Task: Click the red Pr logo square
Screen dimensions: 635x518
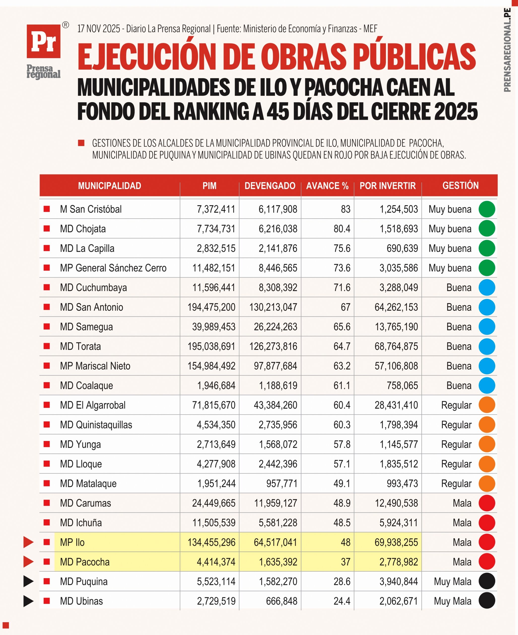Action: pos(44,41)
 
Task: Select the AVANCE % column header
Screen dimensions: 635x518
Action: pos(327,186)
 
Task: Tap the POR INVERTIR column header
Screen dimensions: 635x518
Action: pos(388,186)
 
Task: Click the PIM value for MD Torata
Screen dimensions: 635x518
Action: pos(211,347)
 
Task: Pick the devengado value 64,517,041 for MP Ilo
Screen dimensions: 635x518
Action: pos(276,542)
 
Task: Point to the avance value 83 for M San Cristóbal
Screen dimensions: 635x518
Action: pos(345,209)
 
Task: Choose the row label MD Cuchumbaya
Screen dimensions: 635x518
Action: pos(93,288)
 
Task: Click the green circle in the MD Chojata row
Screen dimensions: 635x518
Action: pos(487,229)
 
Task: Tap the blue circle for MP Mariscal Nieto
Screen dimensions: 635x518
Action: pos(487,366)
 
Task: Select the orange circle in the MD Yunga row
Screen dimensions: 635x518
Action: pos(487,444)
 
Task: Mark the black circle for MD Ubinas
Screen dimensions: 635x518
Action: pos(487,601)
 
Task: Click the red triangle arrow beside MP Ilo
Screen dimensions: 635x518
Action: pos(28,542)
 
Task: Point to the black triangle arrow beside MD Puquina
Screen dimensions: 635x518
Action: pos(28,581)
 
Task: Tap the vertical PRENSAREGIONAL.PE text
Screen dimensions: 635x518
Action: pos(507,50)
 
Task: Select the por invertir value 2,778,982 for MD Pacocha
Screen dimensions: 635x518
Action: pos(398,562)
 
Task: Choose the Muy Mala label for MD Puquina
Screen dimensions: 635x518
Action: pos(453,582)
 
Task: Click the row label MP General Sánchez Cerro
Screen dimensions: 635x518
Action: pos(113,268)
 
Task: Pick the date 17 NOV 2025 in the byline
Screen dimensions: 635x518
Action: pos(99,29)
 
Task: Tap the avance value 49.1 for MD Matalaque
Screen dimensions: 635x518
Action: pos(342,483)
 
